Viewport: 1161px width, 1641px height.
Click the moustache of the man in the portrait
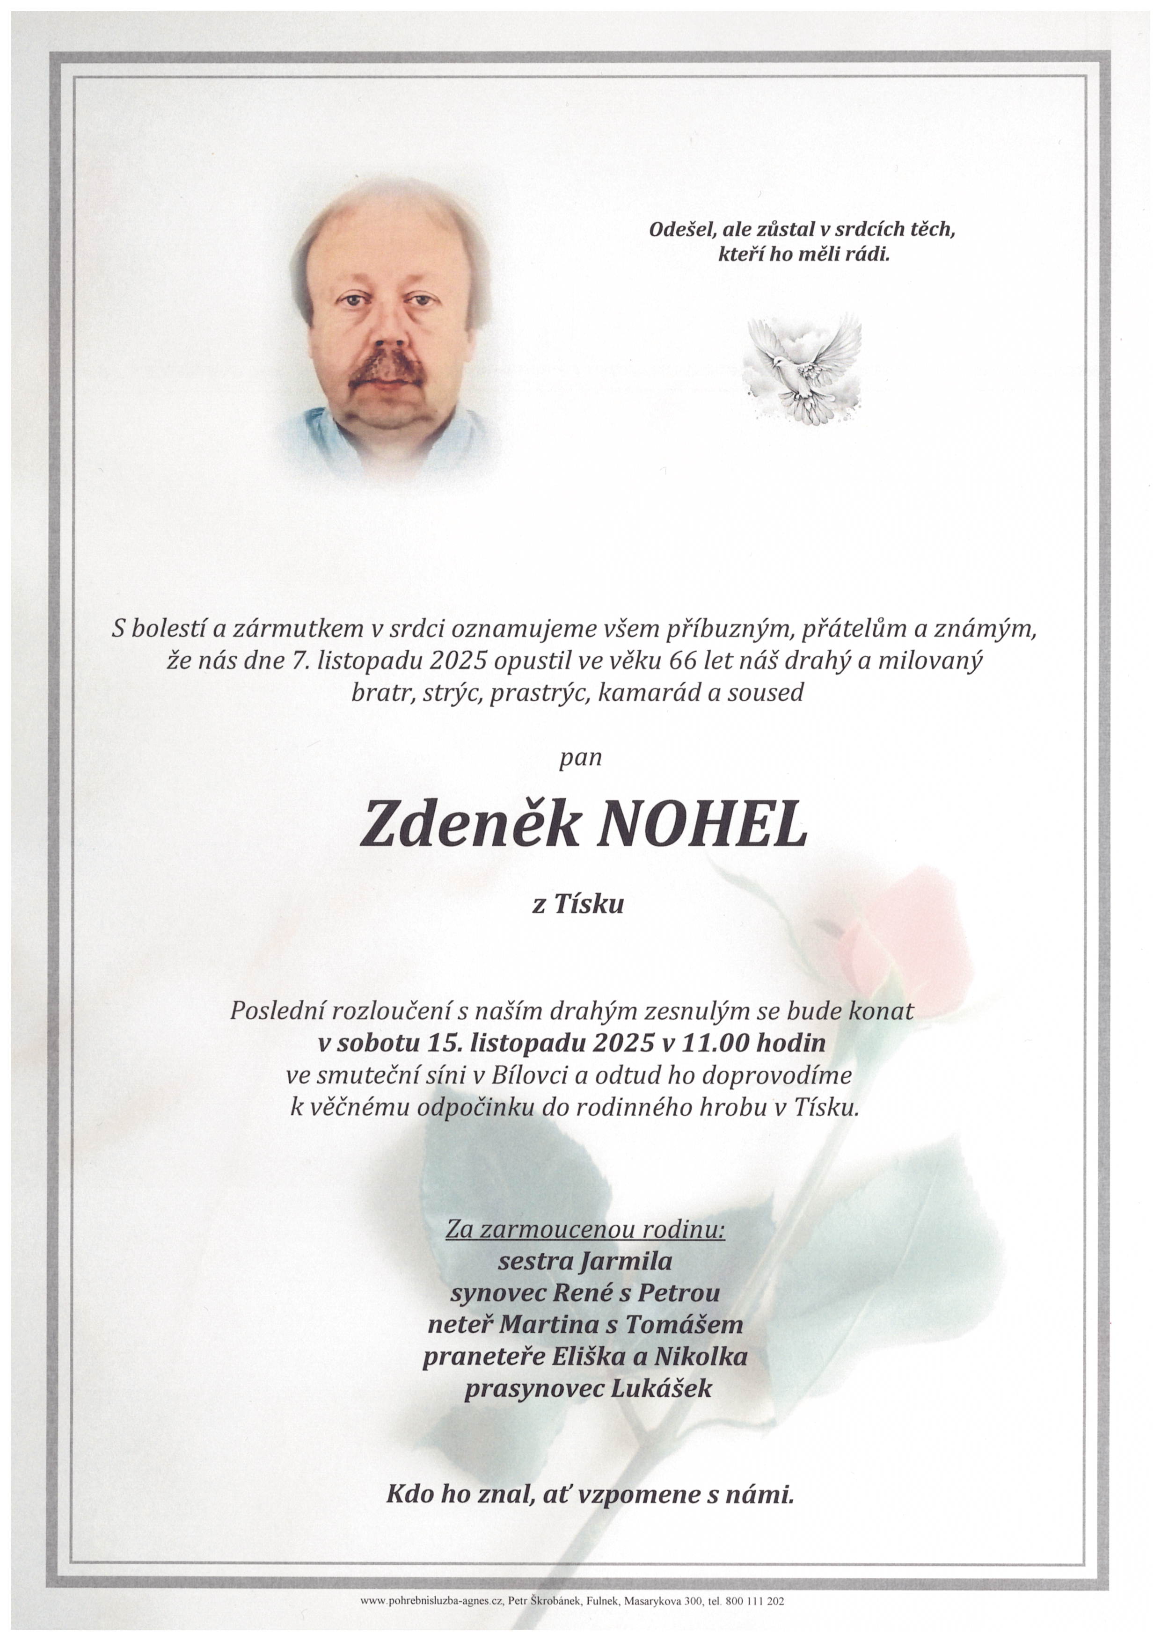click(x=385, y=368)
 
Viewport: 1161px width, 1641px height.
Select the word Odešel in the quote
click(x=683, y=229)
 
